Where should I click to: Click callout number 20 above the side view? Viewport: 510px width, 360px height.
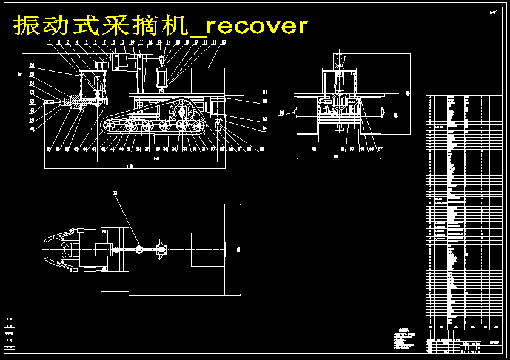[x=224, y=42]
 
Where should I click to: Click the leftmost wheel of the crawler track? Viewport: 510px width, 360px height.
[x=109, y=125]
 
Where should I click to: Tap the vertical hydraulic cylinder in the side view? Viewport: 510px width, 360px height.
[x=162, y=78]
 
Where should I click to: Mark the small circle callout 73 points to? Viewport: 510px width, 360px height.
[x=139, y=248]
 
